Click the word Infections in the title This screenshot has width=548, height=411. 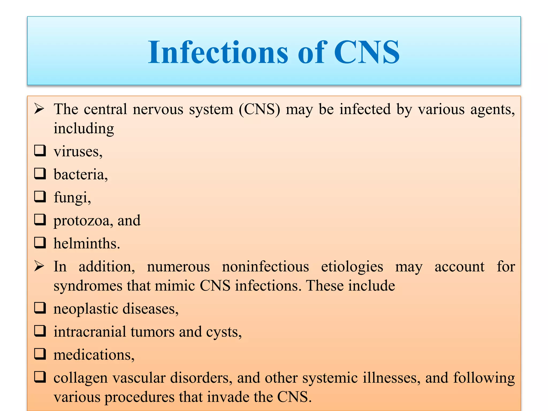218,52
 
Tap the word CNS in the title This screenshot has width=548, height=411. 367,52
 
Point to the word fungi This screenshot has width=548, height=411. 71,198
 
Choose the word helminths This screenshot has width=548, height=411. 86,244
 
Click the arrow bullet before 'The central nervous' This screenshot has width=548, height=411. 39,109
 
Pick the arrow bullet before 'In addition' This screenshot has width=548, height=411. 39,266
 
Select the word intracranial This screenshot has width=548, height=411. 90,332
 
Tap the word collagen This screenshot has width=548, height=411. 80,378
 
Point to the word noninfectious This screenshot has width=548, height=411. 265,267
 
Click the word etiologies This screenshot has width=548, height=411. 352,267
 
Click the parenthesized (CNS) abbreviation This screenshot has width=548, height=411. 259,109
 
